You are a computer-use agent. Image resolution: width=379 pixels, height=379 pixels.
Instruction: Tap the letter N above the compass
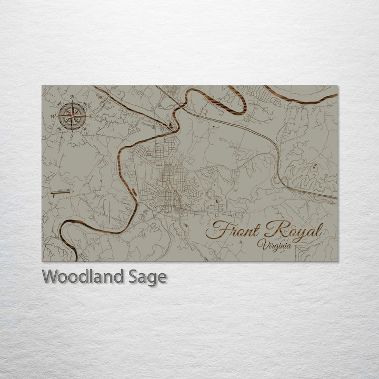[72, 97]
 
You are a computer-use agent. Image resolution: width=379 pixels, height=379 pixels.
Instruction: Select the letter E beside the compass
[90, 116]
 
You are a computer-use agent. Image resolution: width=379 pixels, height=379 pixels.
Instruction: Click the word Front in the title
[234, 231]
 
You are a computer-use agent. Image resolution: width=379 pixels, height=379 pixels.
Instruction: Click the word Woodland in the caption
[82, 276]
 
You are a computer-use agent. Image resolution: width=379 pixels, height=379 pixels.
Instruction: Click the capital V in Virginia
[261, 243]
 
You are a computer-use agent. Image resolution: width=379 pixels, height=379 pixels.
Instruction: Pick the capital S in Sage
[132, 276]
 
